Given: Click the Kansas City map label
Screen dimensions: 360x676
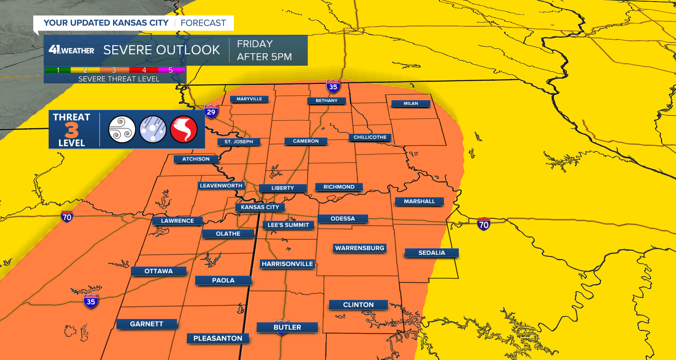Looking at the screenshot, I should click(x=260, y=207).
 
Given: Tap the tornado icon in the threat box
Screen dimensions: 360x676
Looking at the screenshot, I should click(x=184, y=129).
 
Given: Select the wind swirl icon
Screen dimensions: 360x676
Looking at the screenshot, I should click(x=122, y=129).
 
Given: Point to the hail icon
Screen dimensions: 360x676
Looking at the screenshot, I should click(x=153, y=129).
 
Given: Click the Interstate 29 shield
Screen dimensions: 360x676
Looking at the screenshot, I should click(x=211, y=112).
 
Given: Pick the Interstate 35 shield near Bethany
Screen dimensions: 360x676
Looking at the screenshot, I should click(x=333, y=86).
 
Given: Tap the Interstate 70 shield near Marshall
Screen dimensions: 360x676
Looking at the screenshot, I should click(x=484, y=224).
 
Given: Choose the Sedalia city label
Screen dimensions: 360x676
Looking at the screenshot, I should click(x=432, y=253).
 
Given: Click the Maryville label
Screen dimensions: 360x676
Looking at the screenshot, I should click(x=249, y=99).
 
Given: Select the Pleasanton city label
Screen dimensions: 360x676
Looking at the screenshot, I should click(x=218, y=338).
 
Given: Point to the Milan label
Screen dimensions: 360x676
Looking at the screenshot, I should click(x=411, y=103).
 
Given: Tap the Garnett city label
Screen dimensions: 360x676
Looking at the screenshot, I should click(x=147, y=324).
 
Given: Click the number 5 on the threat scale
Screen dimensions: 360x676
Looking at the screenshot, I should click(x=171, y=70).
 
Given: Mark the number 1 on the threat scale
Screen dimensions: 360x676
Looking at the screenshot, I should click(x=58, y=70).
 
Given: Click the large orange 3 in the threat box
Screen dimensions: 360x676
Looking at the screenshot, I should click(x=71, y=130).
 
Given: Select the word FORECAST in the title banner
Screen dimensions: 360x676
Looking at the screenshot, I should click(x=203, y=23).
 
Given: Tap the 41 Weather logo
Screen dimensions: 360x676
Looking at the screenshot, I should click(x=71, y=50).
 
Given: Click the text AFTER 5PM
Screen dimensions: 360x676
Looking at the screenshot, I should click(x=264, y=57).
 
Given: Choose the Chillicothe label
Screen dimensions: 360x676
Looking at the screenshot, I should click(x=370, y=137).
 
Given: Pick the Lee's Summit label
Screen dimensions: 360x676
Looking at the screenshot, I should click(x=288, y=225).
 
